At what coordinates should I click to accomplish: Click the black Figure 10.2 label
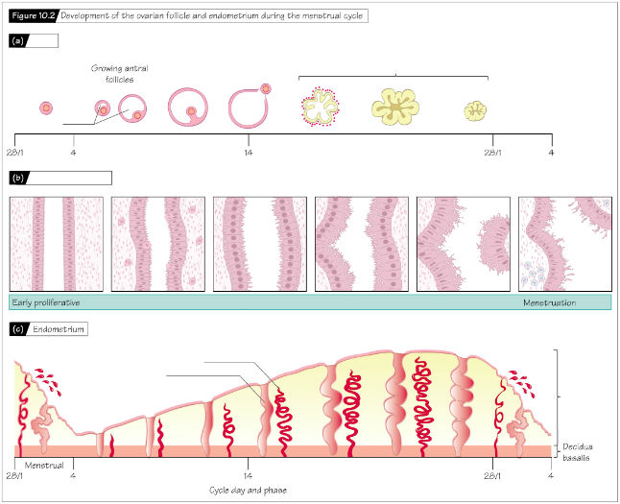tap(34, 15)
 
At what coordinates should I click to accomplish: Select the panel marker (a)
tap(18, 40)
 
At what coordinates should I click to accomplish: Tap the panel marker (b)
tap(18, 178)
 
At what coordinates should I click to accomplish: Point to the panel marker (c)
tap(18, 329)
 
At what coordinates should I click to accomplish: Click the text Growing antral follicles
tap(119, 74)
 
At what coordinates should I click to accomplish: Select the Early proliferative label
tap(46, 302)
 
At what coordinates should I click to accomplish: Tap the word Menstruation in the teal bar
tap(549, 303)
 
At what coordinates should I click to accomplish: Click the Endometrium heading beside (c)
tap(59, 329)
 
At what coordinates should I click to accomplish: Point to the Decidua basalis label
tap(578, 452)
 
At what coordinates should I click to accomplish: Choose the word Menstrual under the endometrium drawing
tap(44, 466)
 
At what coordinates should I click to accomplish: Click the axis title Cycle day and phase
tap(248, 491)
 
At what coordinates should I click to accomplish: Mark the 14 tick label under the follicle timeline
tap(248, 153)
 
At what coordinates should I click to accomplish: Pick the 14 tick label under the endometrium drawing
tap(248, 475)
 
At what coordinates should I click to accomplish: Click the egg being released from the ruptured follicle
tap(266, 88)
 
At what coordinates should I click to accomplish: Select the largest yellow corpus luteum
tap(395, 107)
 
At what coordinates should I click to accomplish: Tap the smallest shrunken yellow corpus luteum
tap(475, 110)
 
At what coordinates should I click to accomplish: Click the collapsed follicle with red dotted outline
tap(320, 106)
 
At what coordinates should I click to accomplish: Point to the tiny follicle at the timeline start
tap(46, 108)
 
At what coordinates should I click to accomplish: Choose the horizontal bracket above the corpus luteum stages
tap(393, 77)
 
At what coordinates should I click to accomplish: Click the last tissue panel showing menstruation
tap(565, 244)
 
